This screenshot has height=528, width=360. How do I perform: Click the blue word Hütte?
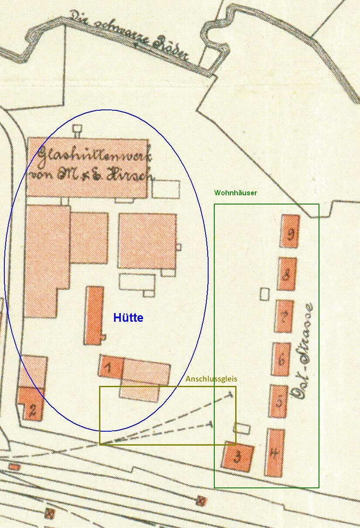(x=128, y=318)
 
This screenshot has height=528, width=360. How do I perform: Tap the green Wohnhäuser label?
(x=235, y=193)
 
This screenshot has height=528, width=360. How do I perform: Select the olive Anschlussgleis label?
(x=211, y=379)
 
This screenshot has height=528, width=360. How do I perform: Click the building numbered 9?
(x=290, y=231)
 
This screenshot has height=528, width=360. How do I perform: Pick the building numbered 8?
(x=287, y=274)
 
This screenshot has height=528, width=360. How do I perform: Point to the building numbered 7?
(x=284, y=316)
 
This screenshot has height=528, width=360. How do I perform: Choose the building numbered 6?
(x=281, y=359)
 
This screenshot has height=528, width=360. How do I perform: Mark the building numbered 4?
(x=274, y=453)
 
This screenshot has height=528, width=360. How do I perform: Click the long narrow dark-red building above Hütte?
(x=94, y=315)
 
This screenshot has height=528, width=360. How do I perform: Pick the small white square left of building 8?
(x=264, y=294)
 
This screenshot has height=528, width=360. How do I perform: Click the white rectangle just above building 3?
(x=241, y=429)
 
